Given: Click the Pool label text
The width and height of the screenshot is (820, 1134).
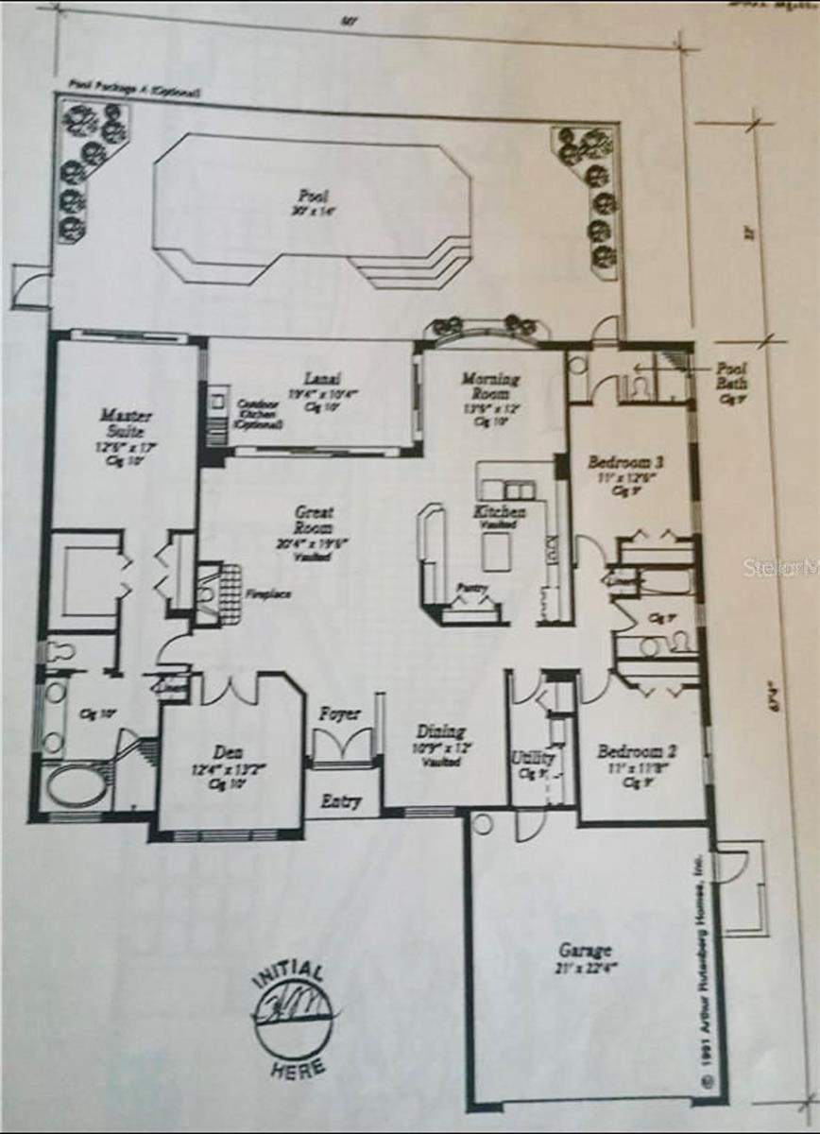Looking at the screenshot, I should (x=313, y=196).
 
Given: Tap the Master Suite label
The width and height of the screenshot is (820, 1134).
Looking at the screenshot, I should (x=125, y=422).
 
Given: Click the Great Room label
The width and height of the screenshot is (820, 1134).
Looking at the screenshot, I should (x=314, y=520).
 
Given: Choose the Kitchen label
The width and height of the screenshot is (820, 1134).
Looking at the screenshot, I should (x=499, y=511).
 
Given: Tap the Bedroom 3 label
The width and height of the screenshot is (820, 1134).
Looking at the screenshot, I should (x=625, y=463).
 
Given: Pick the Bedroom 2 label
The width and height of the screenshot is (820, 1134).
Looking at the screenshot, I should (x=637, y=752).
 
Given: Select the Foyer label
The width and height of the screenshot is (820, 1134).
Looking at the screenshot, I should (x=338, y=713).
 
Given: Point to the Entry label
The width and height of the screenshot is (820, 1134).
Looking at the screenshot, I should (x=340, y=801).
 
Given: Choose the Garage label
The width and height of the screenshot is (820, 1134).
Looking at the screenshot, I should (x=585, y=950).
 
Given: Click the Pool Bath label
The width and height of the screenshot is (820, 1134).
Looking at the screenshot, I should (x=732, y=377).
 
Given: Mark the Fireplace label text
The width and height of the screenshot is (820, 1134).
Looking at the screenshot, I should (x=266, y=595).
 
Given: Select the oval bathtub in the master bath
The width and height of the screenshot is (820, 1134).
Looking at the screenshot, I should (x=77, y=784).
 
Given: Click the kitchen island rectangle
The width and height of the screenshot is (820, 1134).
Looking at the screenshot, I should (x=496, y=552).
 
